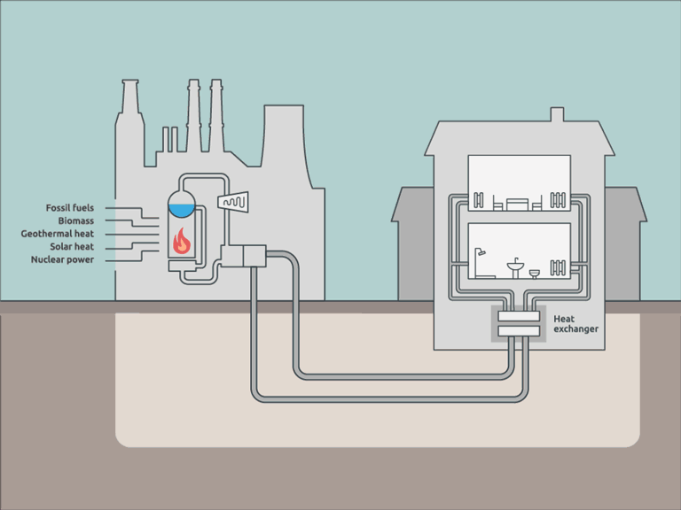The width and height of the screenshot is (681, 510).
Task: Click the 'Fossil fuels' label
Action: [70, 208]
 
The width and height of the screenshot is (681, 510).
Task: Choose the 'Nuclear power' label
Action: [62, 259]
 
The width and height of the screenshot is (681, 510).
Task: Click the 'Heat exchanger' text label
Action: [575, 323]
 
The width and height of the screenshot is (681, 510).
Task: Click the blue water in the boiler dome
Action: [181, 210]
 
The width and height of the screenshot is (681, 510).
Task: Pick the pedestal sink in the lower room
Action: [515, 267]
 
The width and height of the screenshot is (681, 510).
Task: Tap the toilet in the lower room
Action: [535, 272]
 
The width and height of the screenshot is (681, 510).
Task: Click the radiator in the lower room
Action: [559, 267]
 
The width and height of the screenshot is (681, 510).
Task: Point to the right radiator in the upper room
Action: [559, 200]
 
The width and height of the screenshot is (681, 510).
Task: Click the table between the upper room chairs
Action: [517, 205]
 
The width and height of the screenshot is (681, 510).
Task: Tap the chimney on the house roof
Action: [556, 115]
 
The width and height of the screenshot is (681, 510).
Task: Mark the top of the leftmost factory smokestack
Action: [129, 83]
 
